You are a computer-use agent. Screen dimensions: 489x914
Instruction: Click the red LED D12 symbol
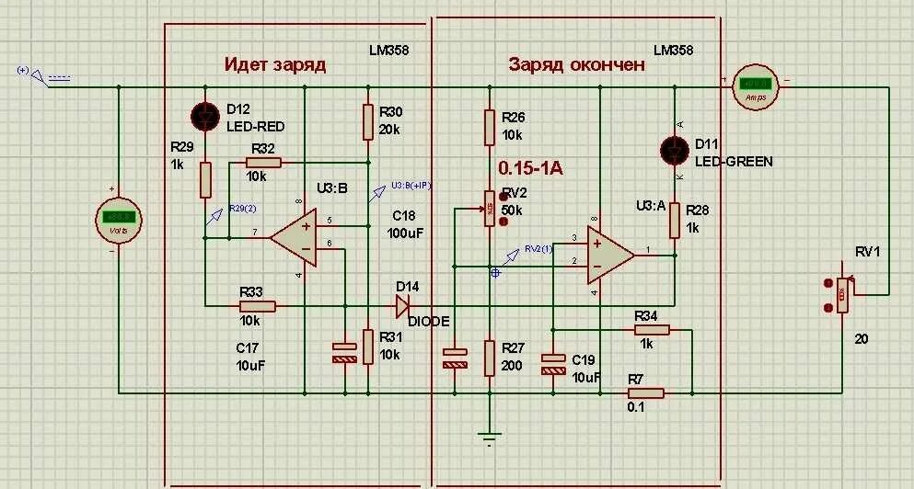[205, 116]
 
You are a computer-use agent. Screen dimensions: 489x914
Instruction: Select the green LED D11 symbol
[675, 149]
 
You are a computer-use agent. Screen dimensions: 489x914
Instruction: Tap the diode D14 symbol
[401, 304]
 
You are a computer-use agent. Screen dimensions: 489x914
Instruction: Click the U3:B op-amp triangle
[294, 236]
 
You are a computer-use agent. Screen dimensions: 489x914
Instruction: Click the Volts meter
[118, 219]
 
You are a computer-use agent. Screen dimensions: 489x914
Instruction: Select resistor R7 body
[645, 392]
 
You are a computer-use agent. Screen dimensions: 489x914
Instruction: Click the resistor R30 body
[368, 121]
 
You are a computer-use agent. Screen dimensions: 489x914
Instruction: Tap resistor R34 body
[650, 329]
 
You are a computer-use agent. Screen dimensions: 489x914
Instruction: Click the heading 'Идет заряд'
[274, 64]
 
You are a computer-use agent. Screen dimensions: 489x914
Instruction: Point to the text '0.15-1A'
[530, 168]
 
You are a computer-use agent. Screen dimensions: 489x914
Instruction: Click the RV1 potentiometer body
[841, 296]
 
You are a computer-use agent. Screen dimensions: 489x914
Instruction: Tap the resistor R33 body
[257, 305]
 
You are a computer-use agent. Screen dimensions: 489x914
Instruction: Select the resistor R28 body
[675, 219]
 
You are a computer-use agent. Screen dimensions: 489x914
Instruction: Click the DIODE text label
[429, 321]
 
